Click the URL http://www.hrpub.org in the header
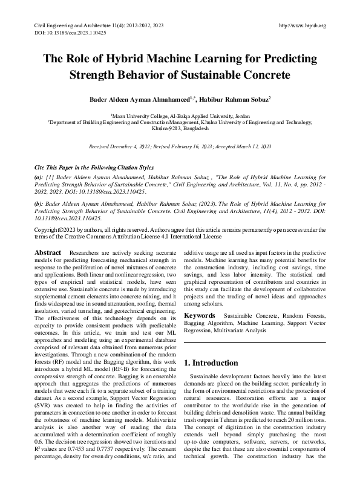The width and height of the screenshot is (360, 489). (303, 25)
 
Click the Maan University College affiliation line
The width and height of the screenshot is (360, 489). (180, 114)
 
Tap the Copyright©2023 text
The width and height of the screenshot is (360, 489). (54, 231)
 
